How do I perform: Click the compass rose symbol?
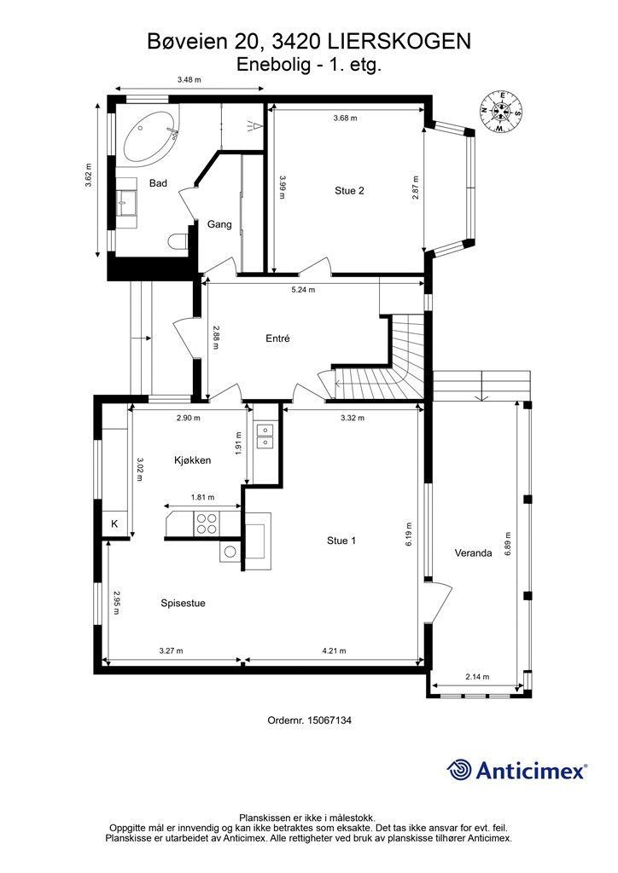pyautogui.click(x=502, y=112)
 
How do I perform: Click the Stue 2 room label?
pyautogui.click(x=349, y=190)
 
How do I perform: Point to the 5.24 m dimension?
pyautogui.click(x=304, y=290)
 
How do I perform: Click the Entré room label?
pyautogui.click(x=277, y=338)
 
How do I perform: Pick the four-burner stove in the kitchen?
pyautogui.click(x=207, y=523)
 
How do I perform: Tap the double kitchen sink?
pyautogui.click(x=264, y=436)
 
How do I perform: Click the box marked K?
pyautogui.click(x=114, y=524)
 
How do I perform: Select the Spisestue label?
pyautogui.click(x=183, y=603)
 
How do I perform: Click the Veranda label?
pyautogui.click(x=473, y=552)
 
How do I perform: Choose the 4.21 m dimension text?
pyautogui.click(x=334, y=650)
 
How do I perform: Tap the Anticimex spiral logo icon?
pyautogui.click(x=458, y=770)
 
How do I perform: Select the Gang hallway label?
pyautogui.click(x=219, y=224)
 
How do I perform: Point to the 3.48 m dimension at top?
pyautogui.click(x=189, y=79)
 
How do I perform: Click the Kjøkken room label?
pyautogui.click(x=192, y=460)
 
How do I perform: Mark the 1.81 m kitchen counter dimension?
pyautogui.click(x=203, y=497)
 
